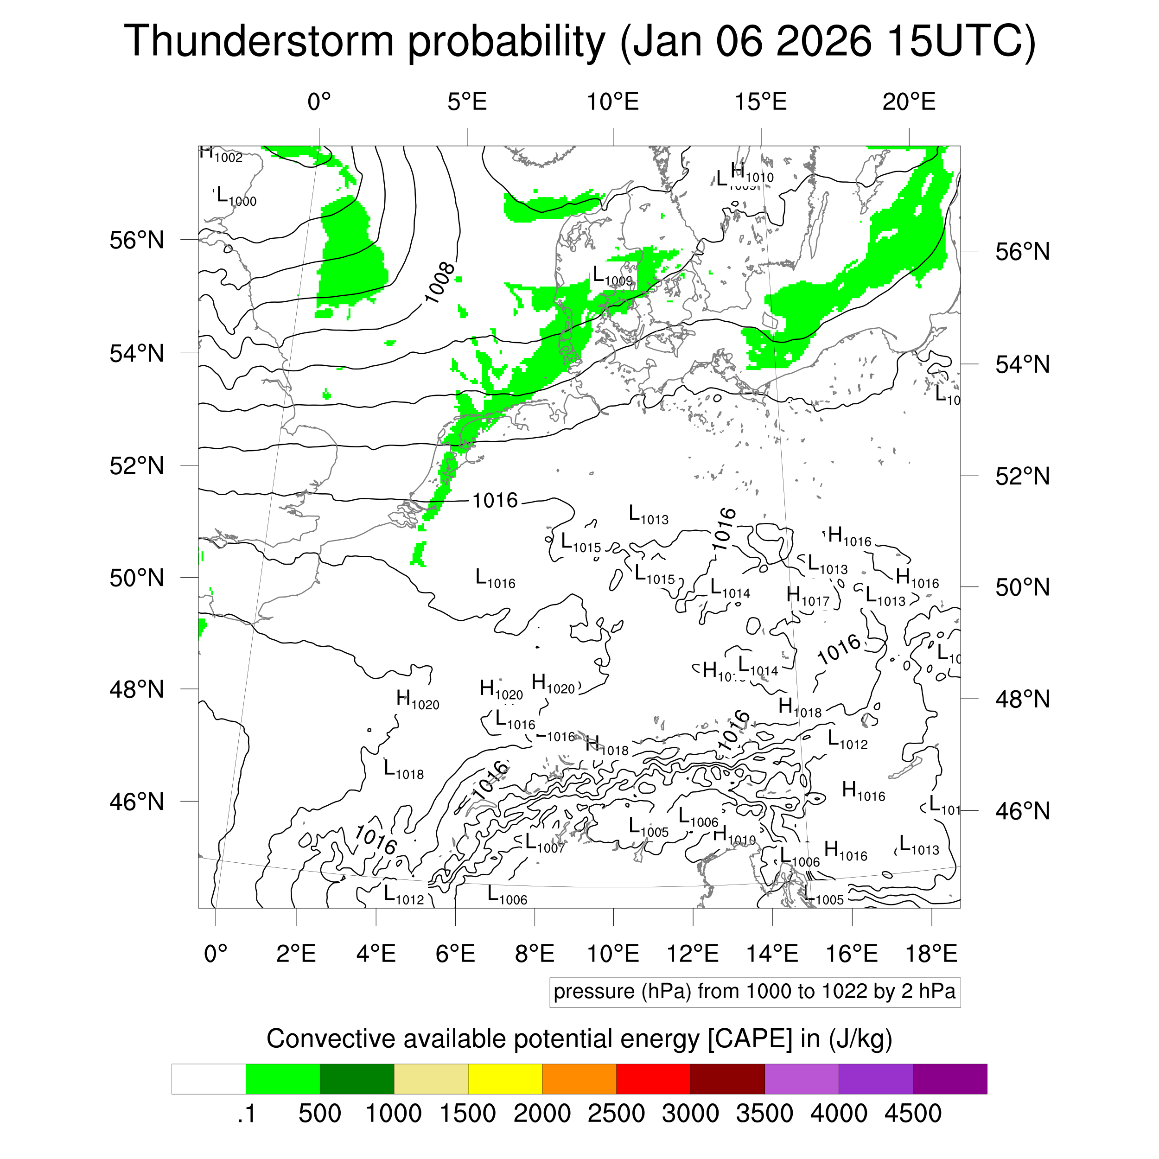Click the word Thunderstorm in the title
click(x=259, y=41)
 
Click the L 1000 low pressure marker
click(x=236, y=196)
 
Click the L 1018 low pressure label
click(x=404, y=769)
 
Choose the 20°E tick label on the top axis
click(x=908, y=102)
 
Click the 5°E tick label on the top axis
click(x=467, y=102)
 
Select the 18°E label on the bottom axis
click(x=931, y=953)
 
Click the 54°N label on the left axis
click(x=137, y=353)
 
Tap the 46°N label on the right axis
click(x=1022, y=811)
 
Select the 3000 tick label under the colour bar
click(x=690, y=1113)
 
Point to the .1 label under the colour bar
click(x=246, y=1113)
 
